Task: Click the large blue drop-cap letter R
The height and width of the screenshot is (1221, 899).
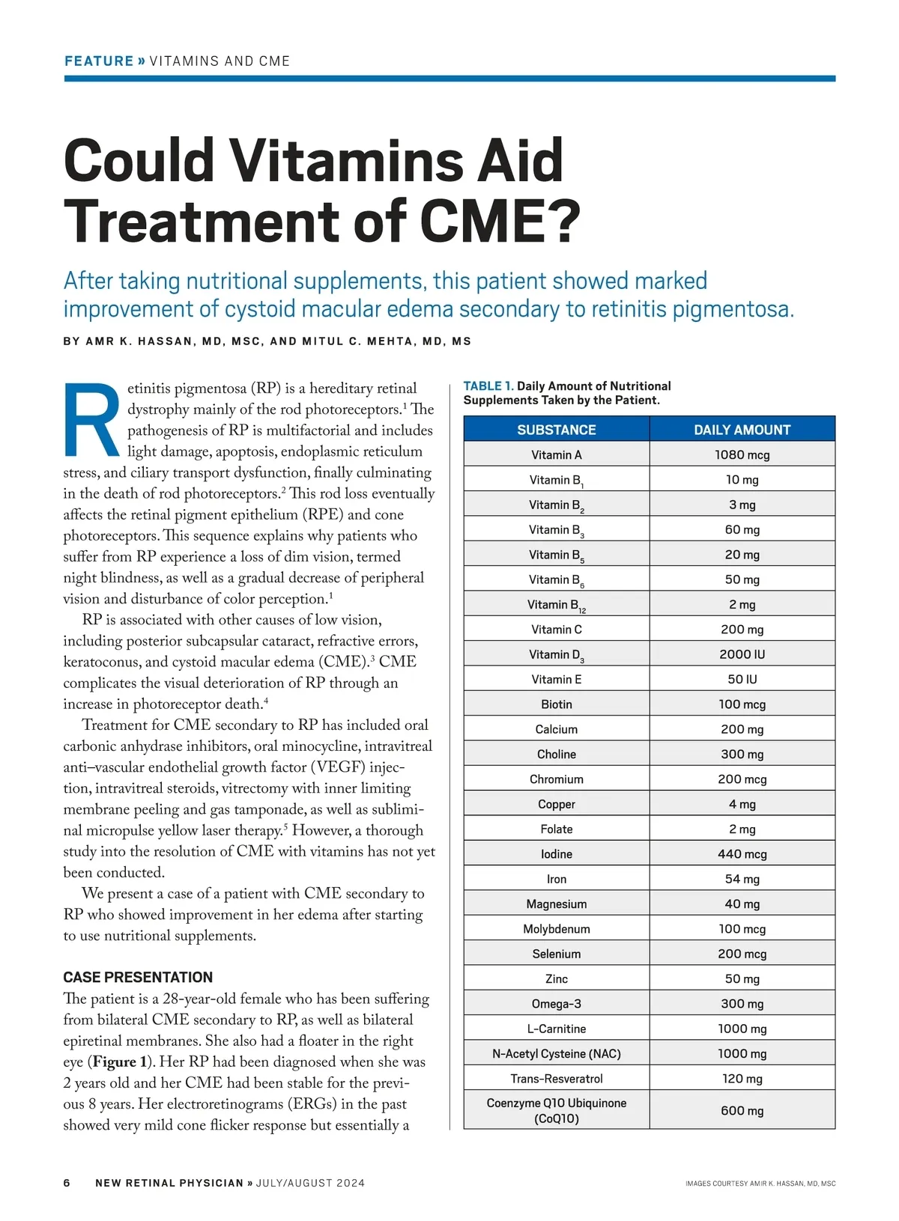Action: pyautogui.click(x=91, y=421)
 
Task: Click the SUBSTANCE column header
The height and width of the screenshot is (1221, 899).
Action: pyautogui.click(x=556, y=430)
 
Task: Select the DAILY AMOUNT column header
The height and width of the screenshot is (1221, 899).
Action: pyautogui.click(x=742, y=430)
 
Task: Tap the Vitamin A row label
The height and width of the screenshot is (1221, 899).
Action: pyautogui.click(x=556, y=454)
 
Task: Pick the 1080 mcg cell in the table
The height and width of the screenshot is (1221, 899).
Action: pyautogui.click(x=742, y=454)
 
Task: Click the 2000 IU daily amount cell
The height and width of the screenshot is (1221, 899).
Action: pyautogui.click(x=742, y=654)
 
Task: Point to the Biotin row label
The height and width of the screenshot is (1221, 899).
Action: pyautogui.click(x=556, y=704)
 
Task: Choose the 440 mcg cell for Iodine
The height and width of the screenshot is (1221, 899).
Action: pyautogui.click(x=742, y=854)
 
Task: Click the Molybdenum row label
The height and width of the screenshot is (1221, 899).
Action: pyautogui.click(x=556, y=929)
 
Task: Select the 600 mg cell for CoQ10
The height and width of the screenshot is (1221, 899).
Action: pyautogui.click(x=742, y=1110)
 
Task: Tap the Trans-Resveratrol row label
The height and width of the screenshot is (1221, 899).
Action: pyautogui.click(x=556, y=1079)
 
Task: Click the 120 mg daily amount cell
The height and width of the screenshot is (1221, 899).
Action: pyautogui.click(x=742, y=1079)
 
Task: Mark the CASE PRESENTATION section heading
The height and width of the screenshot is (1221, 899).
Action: pyautogui.click(x=138, y=977)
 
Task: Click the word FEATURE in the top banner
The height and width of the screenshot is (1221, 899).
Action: pyautogui.click(x=98, y=61)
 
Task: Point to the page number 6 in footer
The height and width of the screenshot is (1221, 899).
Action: pyautogui.click(x=67, y=1183)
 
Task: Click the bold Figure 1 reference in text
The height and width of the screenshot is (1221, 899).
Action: pyautogui.click(x=115, y=1062)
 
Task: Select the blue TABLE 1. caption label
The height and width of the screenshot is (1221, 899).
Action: pyautogui.click(x=488, y=386)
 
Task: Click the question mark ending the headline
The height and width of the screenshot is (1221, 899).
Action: pyautogui.click(x=563, y=222)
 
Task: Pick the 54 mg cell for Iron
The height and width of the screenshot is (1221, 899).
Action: pyautogui.click(x=742, y=879)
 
